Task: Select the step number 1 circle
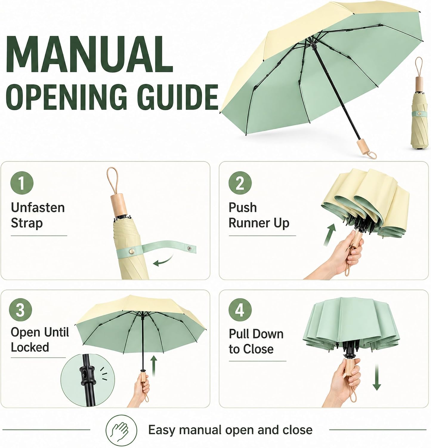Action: pos(22,183)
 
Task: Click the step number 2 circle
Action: pos(240,183)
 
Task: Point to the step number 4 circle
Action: pos(240,311)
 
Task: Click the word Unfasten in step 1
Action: pos(38,208)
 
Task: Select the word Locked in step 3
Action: pos(30,347)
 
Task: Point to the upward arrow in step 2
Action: pos(329,235)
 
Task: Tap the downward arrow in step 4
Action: pos(377,377)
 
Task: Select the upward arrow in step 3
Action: pos(154,366)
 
